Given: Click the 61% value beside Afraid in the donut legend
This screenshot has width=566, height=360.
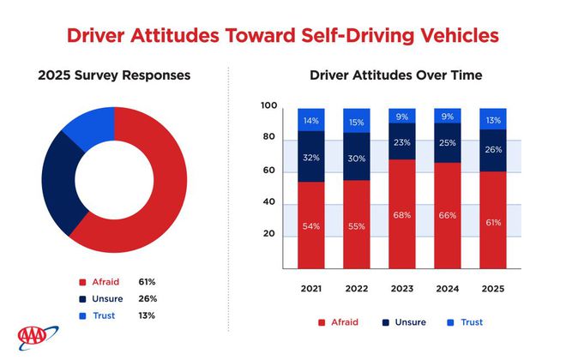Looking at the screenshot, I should click(x=148, y=282).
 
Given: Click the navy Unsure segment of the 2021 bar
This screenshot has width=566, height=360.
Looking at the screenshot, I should click(x=310, y=157).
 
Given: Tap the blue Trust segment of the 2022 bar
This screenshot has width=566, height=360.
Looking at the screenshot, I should click(x=355, y=121).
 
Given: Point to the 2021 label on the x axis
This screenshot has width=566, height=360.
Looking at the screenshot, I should click(x=310, y=289).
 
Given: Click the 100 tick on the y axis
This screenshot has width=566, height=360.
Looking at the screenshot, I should click(x=268, y=106).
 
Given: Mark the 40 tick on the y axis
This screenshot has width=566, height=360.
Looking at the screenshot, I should click(x=269, y=202).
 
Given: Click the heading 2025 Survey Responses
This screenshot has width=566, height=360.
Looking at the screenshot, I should click(x=113, y=75).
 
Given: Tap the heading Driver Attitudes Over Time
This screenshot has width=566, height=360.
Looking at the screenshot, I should click(x=395, y=75).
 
